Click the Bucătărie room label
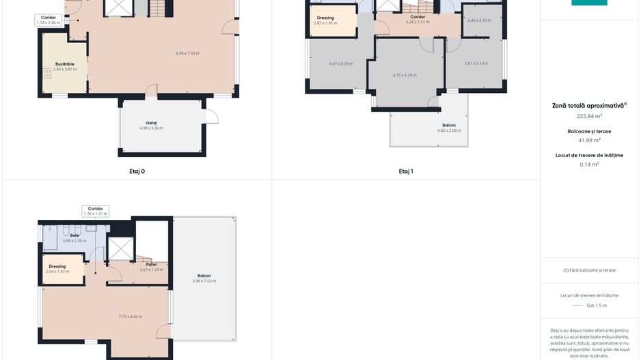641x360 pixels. (64, 64)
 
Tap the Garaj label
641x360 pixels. (151, 123)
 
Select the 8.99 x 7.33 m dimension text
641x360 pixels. (187, 53)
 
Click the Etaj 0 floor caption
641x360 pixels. (137, 171)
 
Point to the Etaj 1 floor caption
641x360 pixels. (406, 171)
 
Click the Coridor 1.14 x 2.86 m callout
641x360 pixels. (49, 20)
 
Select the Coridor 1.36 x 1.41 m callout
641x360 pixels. (95, 210)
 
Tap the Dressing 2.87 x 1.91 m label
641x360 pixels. (325, 20)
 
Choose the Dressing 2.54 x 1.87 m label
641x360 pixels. (57, 269)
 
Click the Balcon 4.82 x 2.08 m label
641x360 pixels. (449, 128)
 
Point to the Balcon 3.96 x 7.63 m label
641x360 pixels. (204, 278)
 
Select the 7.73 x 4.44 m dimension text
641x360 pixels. (130, 316)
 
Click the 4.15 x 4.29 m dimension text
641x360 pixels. (404, 75)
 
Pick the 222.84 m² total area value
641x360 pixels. (589, 116)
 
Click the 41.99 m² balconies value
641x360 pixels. (589, 140)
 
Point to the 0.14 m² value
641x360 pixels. (589, 164)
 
